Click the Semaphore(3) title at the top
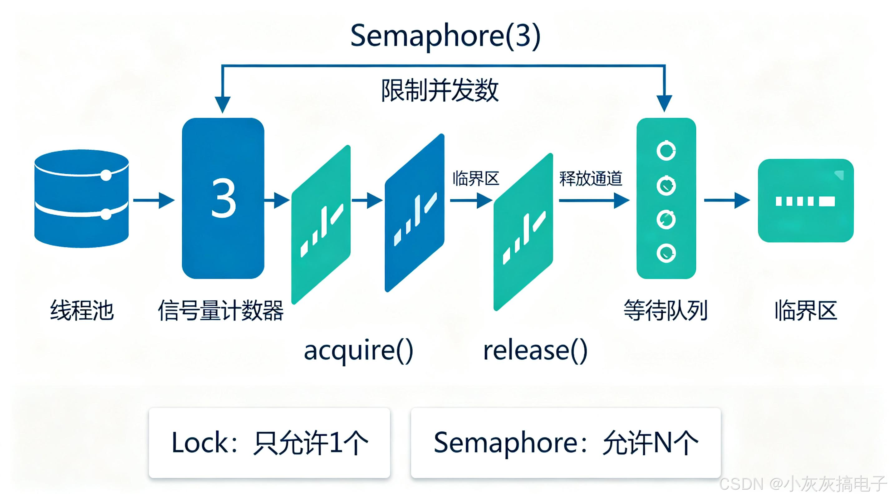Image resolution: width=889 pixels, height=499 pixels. point(445,36)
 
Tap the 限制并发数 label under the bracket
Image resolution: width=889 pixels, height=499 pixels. point(440,90)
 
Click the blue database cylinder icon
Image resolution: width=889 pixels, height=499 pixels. point(81,199)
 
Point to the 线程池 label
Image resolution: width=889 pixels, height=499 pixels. point(82,310)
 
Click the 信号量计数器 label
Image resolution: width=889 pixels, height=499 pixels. point(220,310)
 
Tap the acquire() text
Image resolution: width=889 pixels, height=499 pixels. point(358,351)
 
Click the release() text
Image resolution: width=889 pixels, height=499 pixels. point(535,351)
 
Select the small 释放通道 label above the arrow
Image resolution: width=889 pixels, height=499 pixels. point(591,179)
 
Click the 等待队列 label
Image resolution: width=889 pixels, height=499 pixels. point(666,310)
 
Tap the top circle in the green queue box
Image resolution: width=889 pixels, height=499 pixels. point(666,150)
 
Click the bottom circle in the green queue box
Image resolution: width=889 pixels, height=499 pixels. point(666,254)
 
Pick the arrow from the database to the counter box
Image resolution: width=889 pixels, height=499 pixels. point(154,200)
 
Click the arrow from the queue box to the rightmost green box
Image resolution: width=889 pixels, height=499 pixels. point(727,200)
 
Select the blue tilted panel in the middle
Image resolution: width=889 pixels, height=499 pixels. point(415,213)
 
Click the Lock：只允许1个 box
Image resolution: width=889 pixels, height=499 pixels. point(269,443)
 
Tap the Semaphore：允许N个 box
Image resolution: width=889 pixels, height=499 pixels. point(566,443)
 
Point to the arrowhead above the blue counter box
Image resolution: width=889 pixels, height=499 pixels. point(223,104)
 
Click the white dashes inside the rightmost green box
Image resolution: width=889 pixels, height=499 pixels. point(805,201)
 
